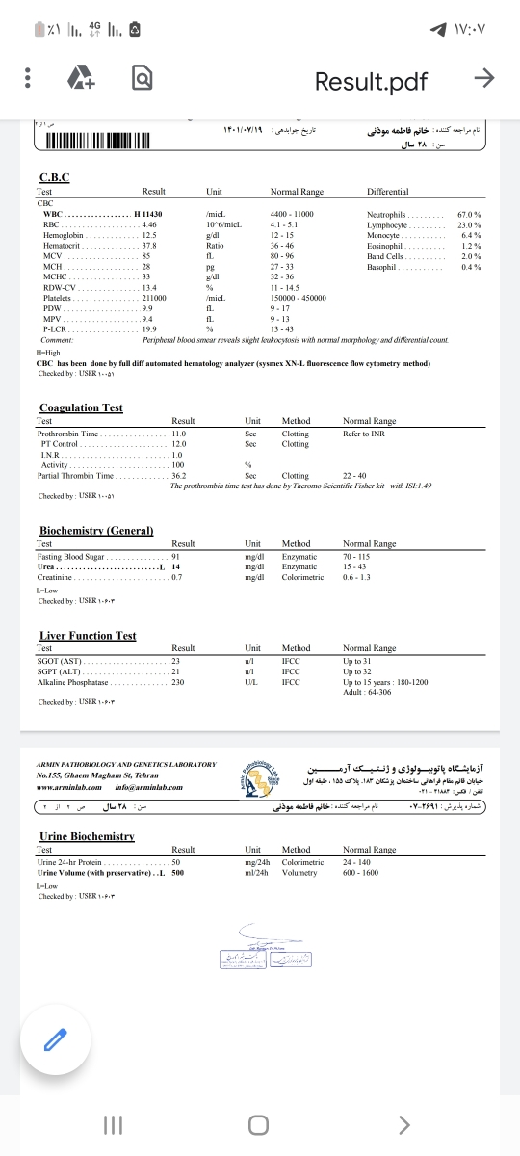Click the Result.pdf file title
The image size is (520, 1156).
click(371, 82)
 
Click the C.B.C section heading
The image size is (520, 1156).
click(54, 177)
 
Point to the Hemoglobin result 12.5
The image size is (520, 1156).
click(149, 234)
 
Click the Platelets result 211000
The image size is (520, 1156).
click(154, 298)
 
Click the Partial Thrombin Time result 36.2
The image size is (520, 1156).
click(179, 476)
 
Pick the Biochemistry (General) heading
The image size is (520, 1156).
click(96, 531)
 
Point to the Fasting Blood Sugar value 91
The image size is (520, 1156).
click(176, 557)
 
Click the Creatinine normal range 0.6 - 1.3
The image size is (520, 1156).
click(356, 577)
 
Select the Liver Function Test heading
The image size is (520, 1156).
click(88, 635)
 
